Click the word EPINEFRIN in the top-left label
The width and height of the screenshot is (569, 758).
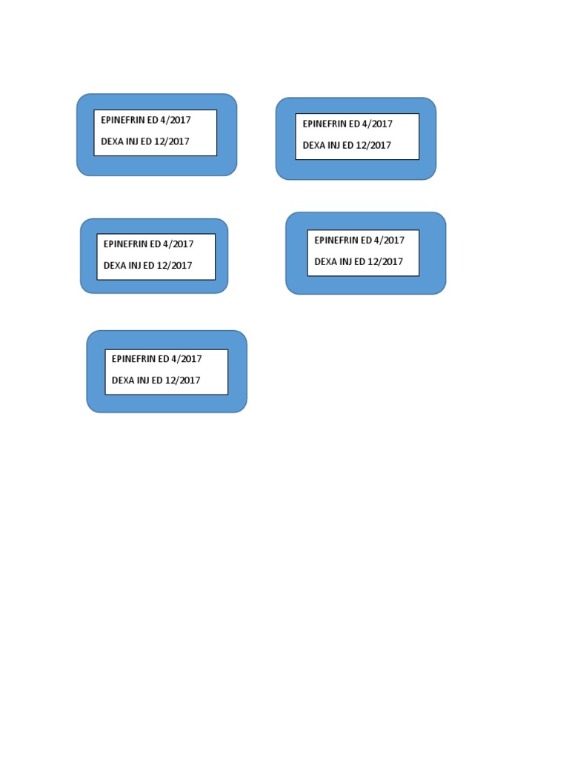pyautogui.click(x=122, y=120)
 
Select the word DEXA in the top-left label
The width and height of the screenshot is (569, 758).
pyautogui.click(x=112, y=141)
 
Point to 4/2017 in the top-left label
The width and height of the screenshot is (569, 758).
pyautogui.click(x=176, y=120)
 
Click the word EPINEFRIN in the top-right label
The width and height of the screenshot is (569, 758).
pyautogui.click(x=325, y=124)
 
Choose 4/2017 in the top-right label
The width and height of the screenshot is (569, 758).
pyautogui.click(x=377, y=124)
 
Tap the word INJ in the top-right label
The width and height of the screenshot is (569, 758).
pyautogui.click(x=334, y=145)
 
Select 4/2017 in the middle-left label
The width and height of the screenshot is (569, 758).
pyautogui.click(x=179, y=244)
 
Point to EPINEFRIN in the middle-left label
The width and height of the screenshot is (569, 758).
pyautogui.click(x=125, y=244)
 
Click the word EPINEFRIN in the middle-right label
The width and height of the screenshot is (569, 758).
pyautogui.click(x=336, y=241)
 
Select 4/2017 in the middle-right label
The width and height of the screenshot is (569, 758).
pyautogui.click(x=390, y=241)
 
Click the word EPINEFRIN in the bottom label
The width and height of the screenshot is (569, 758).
pyautogui.click(x=133, y=359)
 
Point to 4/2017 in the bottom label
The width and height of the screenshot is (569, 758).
pyautogui.click(x=187, y=359)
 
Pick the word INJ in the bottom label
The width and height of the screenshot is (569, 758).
pyautogui.click(x=143, y=380)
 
